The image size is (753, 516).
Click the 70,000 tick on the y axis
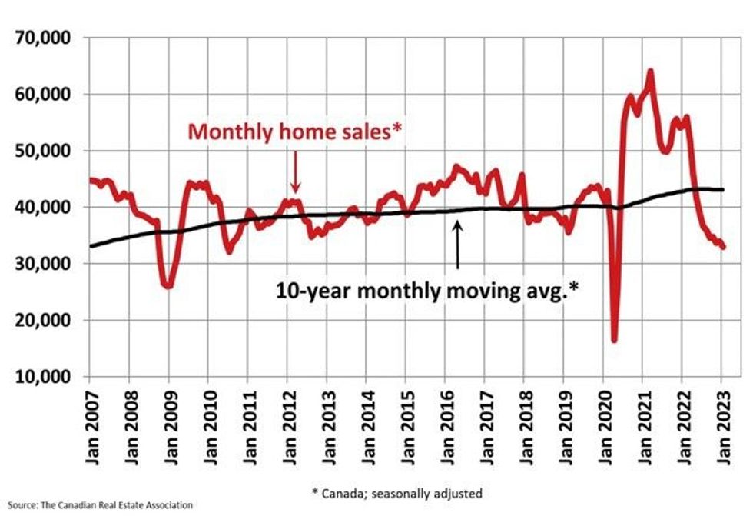[x=45, y=38]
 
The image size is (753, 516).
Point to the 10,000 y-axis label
[x=45, y=377]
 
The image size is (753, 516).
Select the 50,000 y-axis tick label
[x=45, y=151]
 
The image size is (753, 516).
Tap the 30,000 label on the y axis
[x=45, y=264]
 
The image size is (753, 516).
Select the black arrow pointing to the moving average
[x=458, y=245]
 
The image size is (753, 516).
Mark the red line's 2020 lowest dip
[x=614, y=339]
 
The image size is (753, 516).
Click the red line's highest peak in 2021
[x=650, y=72]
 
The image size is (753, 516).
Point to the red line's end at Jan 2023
[x=722, y=247]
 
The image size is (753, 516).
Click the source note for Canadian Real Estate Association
[x=96, y=505]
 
